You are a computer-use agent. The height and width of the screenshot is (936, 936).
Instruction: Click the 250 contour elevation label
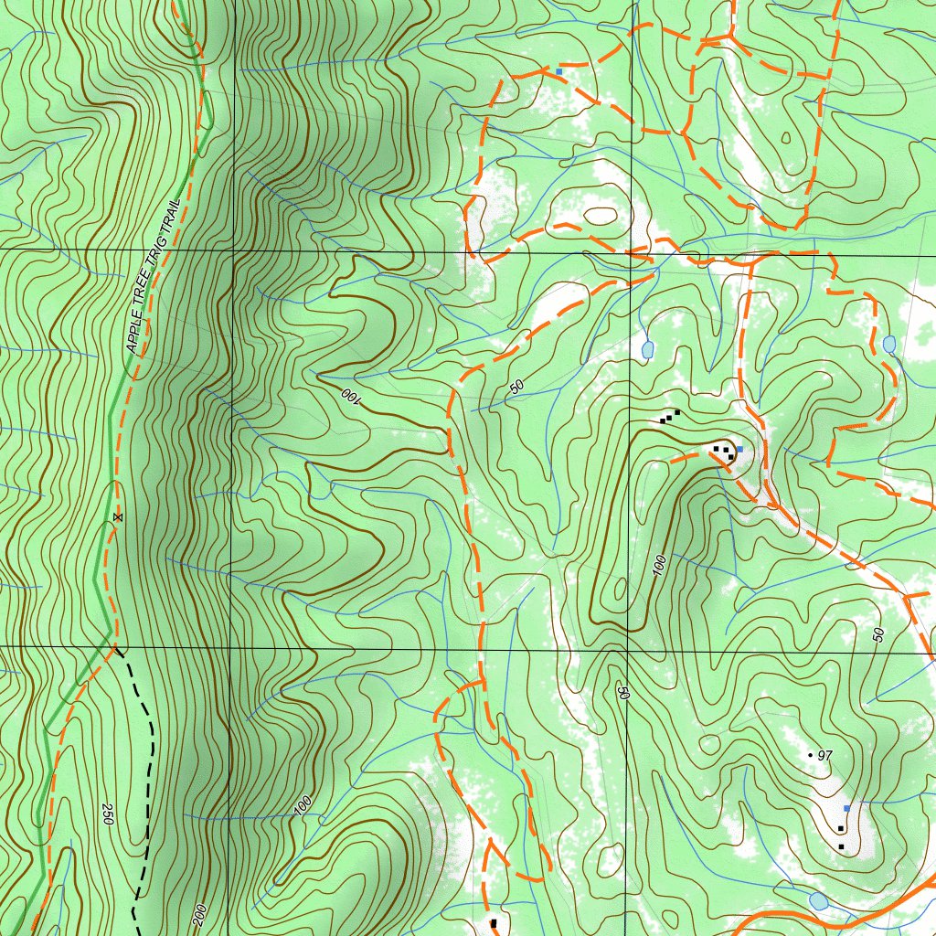[107, 815]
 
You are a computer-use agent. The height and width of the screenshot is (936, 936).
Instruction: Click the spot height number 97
[825, 755]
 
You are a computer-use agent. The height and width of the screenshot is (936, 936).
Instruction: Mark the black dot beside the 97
[810, 755]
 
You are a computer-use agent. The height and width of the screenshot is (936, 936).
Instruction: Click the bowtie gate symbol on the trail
[116, 517]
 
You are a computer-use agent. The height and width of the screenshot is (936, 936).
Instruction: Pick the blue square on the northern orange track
[558, 70]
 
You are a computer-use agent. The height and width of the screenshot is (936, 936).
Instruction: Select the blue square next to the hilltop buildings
[739, 451]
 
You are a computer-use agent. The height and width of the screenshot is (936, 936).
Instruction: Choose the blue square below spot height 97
[847, 808]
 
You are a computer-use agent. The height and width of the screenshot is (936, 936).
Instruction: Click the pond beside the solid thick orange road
[818, 901]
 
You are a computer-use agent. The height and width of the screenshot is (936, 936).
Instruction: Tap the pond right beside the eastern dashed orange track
[889, 345]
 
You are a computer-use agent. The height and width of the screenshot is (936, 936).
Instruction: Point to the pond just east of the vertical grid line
[647, 350]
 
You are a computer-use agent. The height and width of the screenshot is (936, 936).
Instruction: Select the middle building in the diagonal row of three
[669, 417]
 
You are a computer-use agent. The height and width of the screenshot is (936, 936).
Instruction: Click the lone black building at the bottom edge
[494, 923]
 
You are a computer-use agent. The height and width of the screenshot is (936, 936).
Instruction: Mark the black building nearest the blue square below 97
[840, 827]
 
